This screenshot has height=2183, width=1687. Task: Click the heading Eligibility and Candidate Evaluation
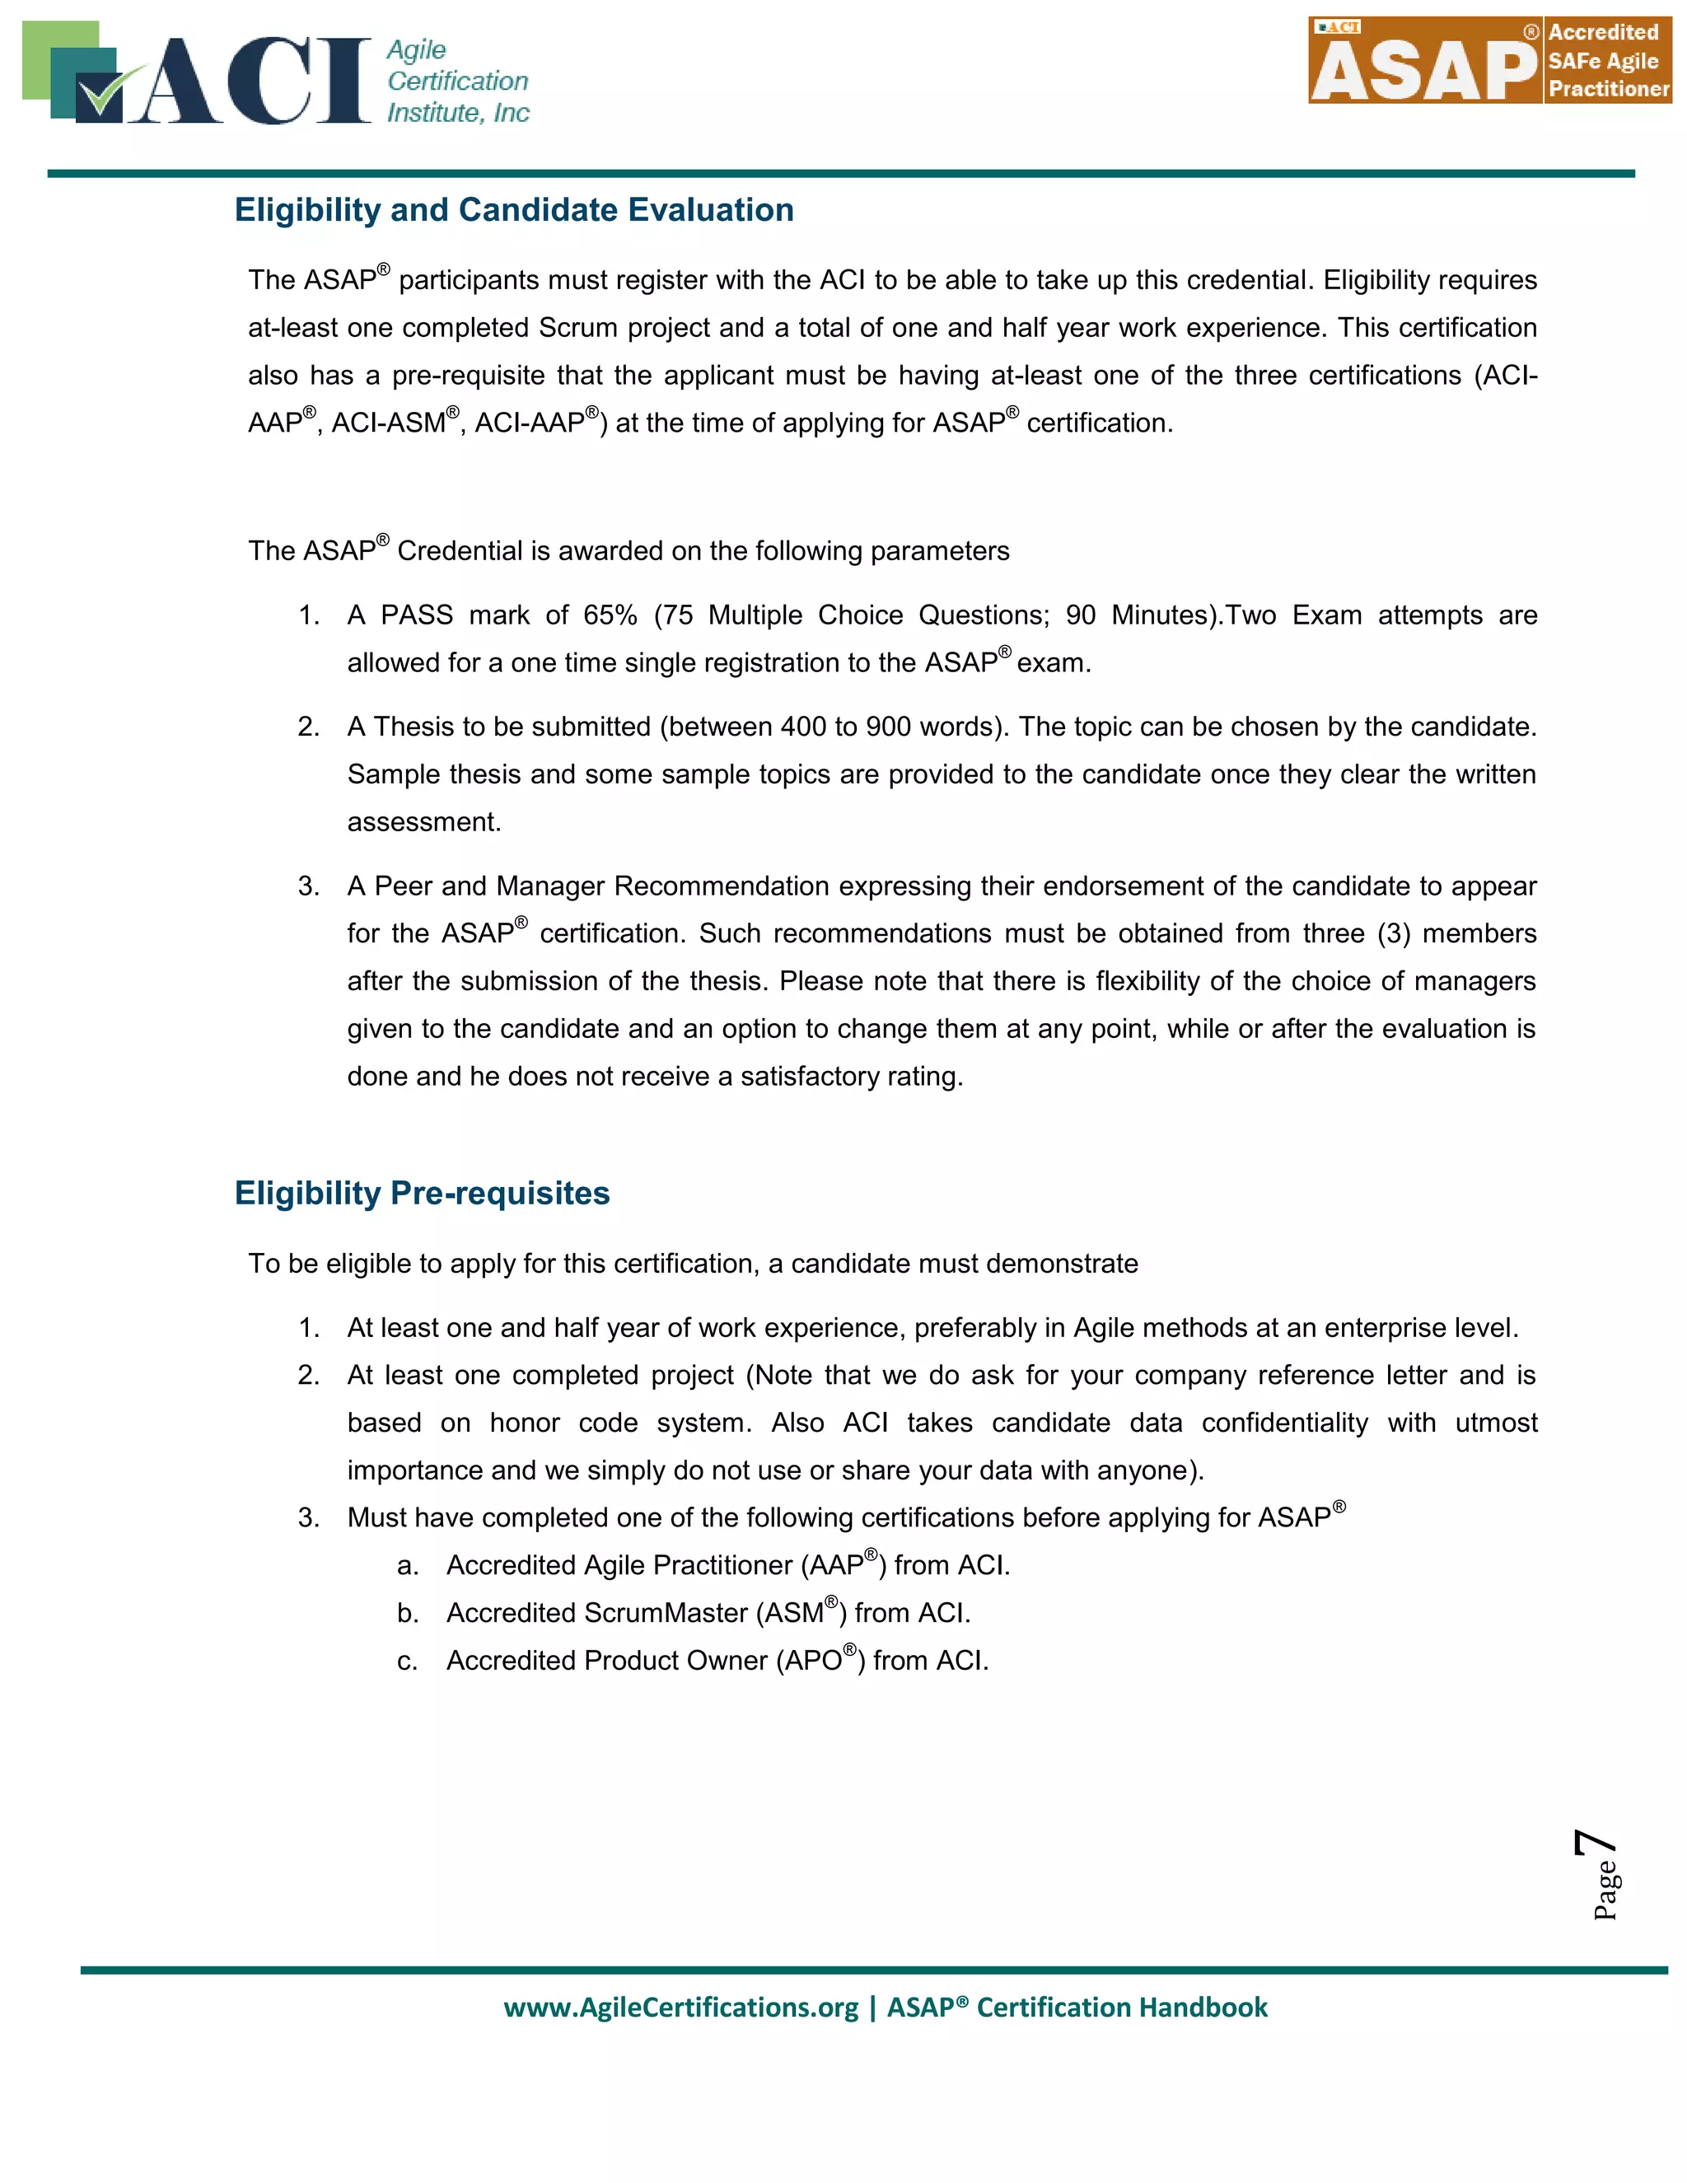pyautogui.click(x=514, y=210)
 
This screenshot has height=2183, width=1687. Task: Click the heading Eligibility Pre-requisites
pyautogui.click(x=422, y=1194)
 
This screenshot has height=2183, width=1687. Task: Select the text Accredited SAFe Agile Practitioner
pyautogui.click(x=1607, y=61)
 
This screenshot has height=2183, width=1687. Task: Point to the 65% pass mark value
pyautogui.click(x=610, y=615)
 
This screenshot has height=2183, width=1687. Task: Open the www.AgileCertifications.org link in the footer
pyautogui.click(x=680, y=2007)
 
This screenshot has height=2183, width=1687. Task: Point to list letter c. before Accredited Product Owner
pyautogui.click(x=407, y=1662)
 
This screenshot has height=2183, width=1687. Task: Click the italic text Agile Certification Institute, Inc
pyautogui.click(x=458, y=81)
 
